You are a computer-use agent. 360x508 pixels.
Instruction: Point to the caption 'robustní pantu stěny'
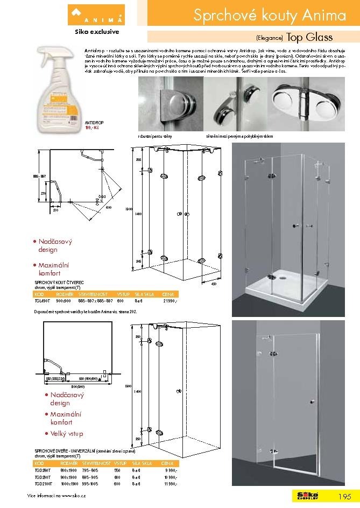point(155,137)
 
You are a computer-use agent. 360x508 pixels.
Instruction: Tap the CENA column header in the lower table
point(168,462)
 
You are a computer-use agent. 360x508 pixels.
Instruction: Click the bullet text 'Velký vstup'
point(66,433)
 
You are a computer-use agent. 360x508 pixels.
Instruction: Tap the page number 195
point(345,496)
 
